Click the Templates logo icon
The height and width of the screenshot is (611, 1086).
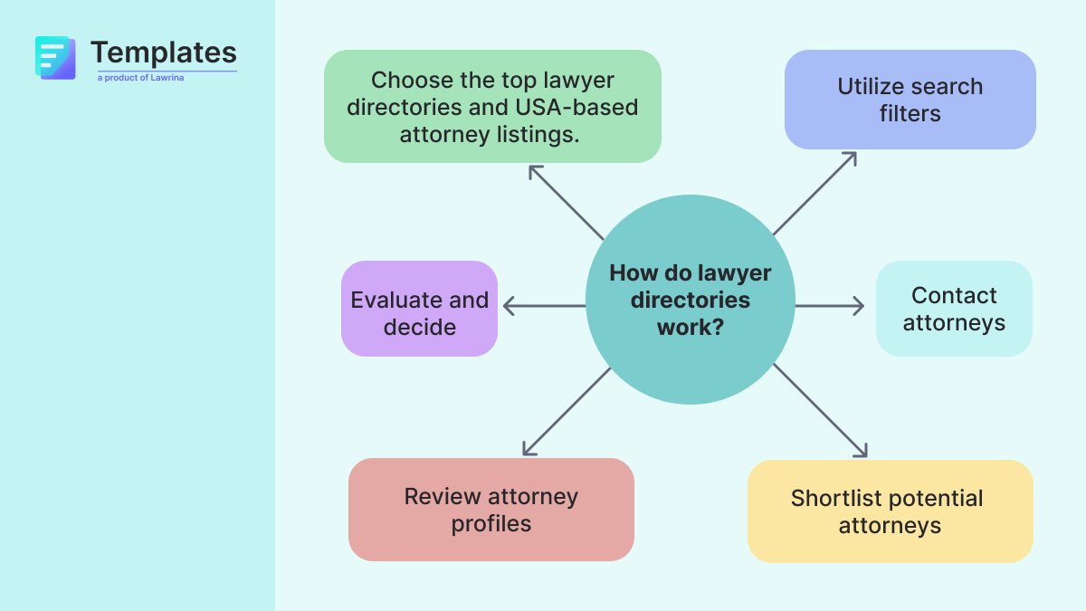tap(54, 57)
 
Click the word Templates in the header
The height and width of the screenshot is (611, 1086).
tap(164, 52)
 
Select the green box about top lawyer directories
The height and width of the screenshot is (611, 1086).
tap(492, 107)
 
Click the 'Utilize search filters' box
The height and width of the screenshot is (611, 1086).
tap(910, 100)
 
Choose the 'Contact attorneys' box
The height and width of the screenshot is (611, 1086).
tap(954, 309)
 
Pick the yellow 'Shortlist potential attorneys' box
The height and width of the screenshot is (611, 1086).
tap(890, 511)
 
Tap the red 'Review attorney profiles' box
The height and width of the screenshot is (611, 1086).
tap(491, 510)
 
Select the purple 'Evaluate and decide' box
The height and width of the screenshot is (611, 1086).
tap(419, 309)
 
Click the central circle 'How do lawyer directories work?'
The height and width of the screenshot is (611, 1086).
tap(690, 300)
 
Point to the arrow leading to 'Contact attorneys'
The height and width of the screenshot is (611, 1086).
tap(829, 307)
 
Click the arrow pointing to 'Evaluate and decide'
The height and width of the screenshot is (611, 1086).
tap(543, 307)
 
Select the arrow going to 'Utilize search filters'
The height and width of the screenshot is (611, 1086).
tap(814, 193)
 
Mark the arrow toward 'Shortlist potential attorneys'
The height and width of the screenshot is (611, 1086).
tap(821, 410)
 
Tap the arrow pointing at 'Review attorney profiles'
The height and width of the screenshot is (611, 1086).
tap(567, 411)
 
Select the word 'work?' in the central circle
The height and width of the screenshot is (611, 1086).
tap(690, 326)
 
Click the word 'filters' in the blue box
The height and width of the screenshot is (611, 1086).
tap(910, 113)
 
